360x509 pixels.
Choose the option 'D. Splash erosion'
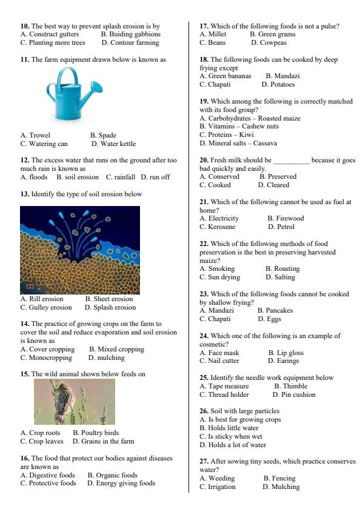tap(110, 307)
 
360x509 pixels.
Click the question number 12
tap(25, 160)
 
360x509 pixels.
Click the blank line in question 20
tap(291, 161)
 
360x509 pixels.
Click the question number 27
tap(204, 462)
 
